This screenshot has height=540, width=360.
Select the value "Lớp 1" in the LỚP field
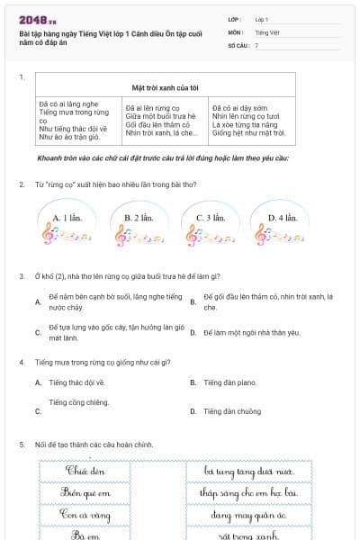click(262, 18)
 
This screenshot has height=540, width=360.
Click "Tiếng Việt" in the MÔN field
click(265, 31)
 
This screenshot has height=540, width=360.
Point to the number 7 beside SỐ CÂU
click(256, 44)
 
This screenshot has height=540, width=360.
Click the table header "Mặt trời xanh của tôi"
click(165, 87)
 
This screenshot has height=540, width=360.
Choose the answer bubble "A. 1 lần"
click(68, 218)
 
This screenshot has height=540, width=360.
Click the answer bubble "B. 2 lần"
click(139, 218)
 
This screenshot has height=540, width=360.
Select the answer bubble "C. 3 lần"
click(210, 218)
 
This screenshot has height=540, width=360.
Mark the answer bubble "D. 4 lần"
click(283, 218)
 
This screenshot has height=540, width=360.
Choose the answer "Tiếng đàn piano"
click(229, 382)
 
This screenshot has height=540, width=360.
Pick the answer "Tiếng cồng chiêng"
click(79, 402)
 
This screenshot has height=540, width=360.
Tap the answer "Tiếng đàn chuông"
click(231, 411)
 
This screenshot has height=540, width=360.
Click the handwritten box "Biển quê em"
click(86, 492)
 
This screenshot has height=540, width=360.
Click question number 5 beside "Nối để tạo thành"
click(22, 445)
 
